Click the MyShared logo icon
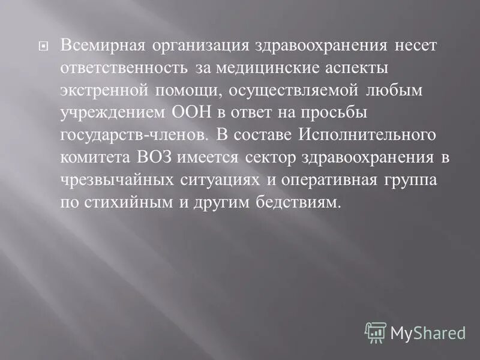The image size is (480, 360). tap(376, 332)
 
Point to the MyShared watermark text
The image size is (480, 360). tap(428, 332)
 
